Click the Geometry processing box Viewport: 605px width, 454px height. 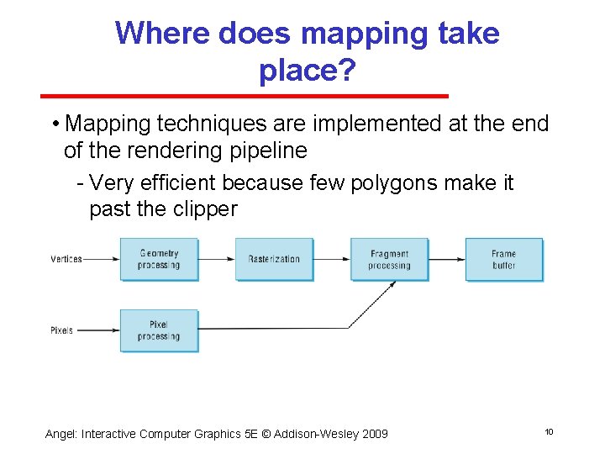pos(159,259)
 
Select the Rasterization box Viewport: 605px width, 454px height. pos(274,259)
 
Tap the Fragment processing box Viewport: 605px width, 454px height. pos(389,259)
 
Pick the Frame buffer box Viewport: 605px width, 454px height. pos(504,259)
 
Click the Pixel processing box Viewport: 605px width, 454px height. pos(159,330)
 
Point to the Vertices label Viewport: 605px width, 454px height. pos(66,259)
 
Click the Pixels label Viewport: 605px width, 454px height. pos(62,330)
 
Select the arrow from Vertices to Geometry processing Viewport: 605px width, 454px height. pos(102,259)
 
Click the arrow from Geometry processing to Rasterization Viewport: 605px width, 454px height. pos(217,259)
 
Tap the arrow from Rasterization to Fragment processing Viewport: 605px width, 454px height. pos(332,259)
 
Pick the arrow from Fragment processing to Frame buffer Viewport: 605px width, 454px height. pos(447,259)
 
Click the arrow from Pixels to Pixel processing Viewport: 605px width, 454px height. pos(98,330)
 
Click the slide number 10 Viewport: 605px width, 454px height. pos(549,431)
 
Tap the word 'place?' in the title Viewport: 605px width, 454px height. pos(308,71)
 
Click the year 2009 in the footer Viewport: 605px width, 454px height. pos(374,434)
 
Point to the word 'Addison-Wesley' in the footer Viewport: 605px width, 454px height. pos(314,434)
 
